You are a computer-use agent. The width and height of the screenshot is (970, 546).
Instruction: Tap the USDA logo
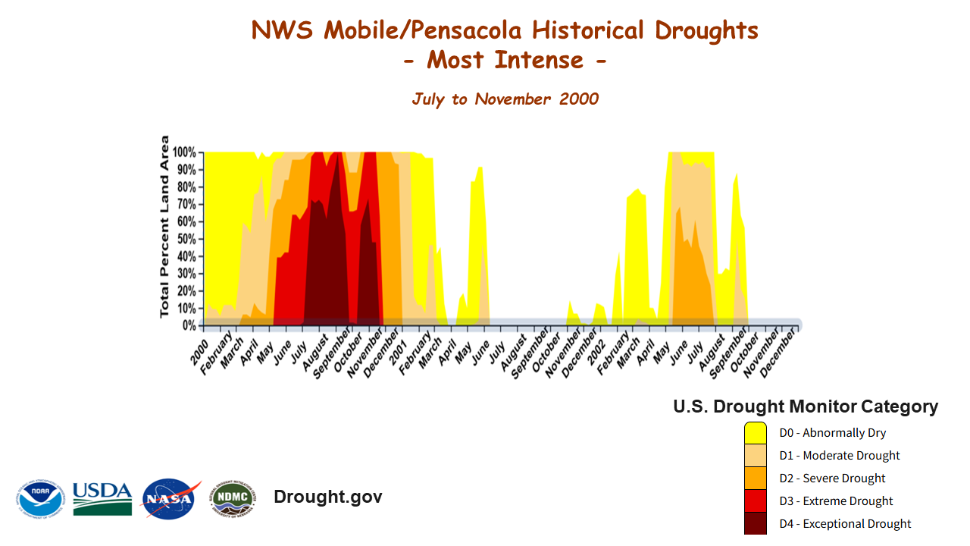(x=102, y=498)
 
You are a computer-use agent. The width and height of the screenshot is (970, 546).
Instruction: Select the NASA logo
(x=171, y=498)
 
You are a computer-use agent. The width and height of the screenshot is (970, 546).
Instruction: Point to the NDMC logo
(x=233, y=498)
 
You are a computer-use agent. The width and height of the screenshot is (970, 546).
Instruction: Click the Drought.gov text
(x=327, y=497)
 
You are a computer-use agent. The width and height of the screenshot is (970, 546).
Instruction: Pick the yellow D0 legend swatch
(x=756, y=433)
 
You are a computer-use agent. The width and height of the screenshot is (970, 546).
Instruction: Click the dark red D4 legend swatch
(x=756, y=523)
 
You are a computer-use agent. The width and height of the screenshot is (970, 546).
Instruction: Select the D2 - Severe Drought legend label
(x=832, y=479)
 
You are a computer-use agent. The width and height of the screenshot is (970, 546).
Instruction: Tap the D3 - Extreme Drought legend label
(x=836, y=501)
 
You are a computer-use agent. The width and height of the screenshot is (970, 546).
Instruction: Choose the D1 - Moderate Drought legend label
(x=840, y=456)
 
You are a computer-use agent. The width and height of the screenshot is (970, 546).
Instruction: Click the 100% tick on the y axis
(x=185, y=152)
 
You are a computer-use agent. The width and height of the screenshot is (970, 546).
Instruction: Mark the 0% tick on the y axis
(x=189, y=325)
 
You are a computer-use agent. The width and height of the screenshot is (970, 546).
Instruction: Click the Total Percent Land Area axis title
(x=165, y=226)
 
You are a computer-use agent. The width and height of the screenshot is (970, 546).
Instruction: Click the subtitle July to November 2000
(x=505, y=99)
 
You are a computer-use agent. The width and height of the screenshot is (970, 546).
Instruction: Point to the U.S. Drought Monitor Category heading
(x=806, y=406)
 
